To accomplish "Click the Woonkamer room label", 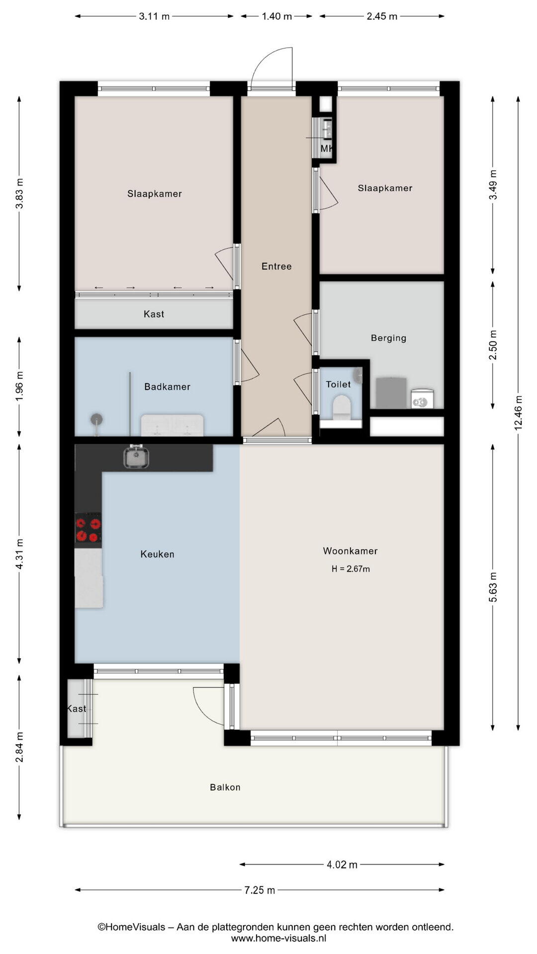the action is [x=350, y=551].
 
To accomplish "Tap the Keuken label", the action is [x=157, y=554].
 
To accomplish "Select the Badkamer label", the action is [x=167, y=387].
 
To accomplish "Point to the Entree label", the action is [x=276, y=266].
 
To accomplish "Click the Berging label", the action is [x=388, y=338].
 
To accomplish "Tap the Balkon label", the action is [x=225, y=787].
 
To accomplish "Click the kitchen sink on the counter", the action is [x=136, y=457].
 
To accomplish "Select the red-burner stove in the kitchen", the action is [x=88, y=530].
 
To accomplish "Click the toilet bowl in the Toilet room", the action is [x=342, y=407].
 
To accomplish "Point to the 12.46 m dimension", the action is [x=519, y=412].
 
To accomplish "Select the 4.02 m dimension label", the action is [x=342, y=865].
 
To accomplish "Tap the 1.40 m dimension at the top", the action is [x=277, y=16].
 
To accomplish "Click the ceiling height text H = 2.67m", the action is [x=351, y=569].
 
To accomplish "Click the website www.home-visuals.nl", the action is [x=278, y=938].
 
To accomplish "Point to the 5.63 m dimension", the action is [x=493, y=587].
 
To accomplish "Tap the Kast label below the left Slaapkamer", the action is [x=154, y=314].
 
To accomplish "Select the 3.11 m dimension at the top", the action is [x=154, y=16].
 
